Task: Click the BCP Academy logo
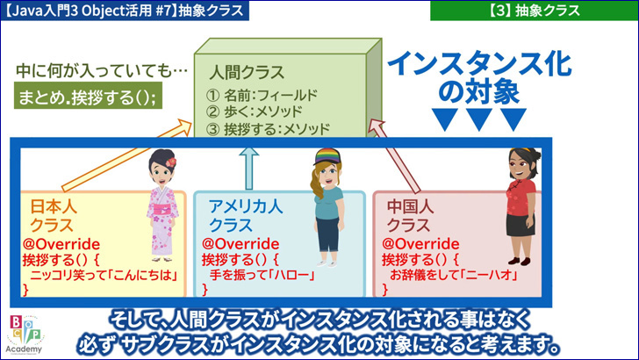point(25,334)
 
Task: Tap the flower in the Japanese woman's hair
point(171,162)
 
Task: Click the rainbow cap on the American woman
point(327,156)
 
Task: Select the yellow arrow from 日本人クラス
point(126,155)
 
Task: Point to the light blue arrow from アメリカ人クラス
point(248,168)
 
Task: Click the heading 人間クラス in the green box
point(247,73)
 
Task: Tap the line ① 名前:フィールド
point(262,96)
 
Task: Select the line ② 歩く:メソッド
point(254,112)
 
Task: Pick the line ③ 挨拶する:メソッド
point(268,129)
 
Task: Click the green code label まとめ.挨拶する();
point(88,96)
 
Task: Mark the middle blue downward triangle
point(479,119)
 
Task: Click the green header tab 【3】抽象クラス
point(534,11)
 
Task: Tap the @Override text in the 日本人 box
point(61,244)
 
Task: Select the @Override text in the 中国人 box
point(420,244)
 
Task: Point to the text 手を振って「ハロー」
point(262,275)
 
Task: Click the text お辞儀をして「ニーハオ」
point(454,275)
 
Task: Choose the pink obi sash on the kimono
point(162,210)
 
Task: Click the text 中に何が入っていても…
point(102,70)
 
